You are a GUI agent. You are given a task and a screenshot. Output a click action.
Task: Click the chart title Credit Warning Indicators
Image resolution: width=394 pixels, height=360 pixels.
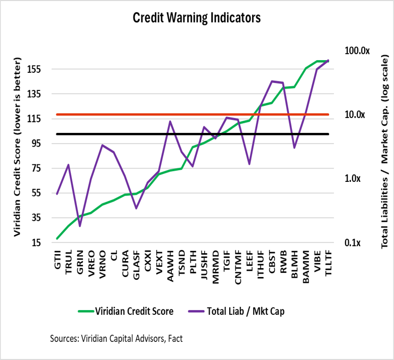[197, 18]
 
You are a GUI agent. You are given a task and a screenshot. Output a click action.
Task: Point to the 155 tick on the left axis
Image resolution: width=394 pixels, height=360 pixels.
[41, 69]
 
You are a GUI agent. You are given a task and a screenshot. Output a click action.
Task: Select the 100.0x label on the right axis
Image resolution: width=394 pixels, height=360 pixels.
[357, 51]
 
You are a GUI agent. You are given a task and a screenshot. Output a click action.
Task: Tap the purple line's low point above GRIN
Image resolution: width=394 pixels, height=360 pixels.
[80, 226]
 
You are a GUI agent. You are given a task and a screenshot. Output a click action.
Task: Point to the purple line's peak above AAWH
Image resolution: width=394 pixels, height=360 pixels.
[170, 121]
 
